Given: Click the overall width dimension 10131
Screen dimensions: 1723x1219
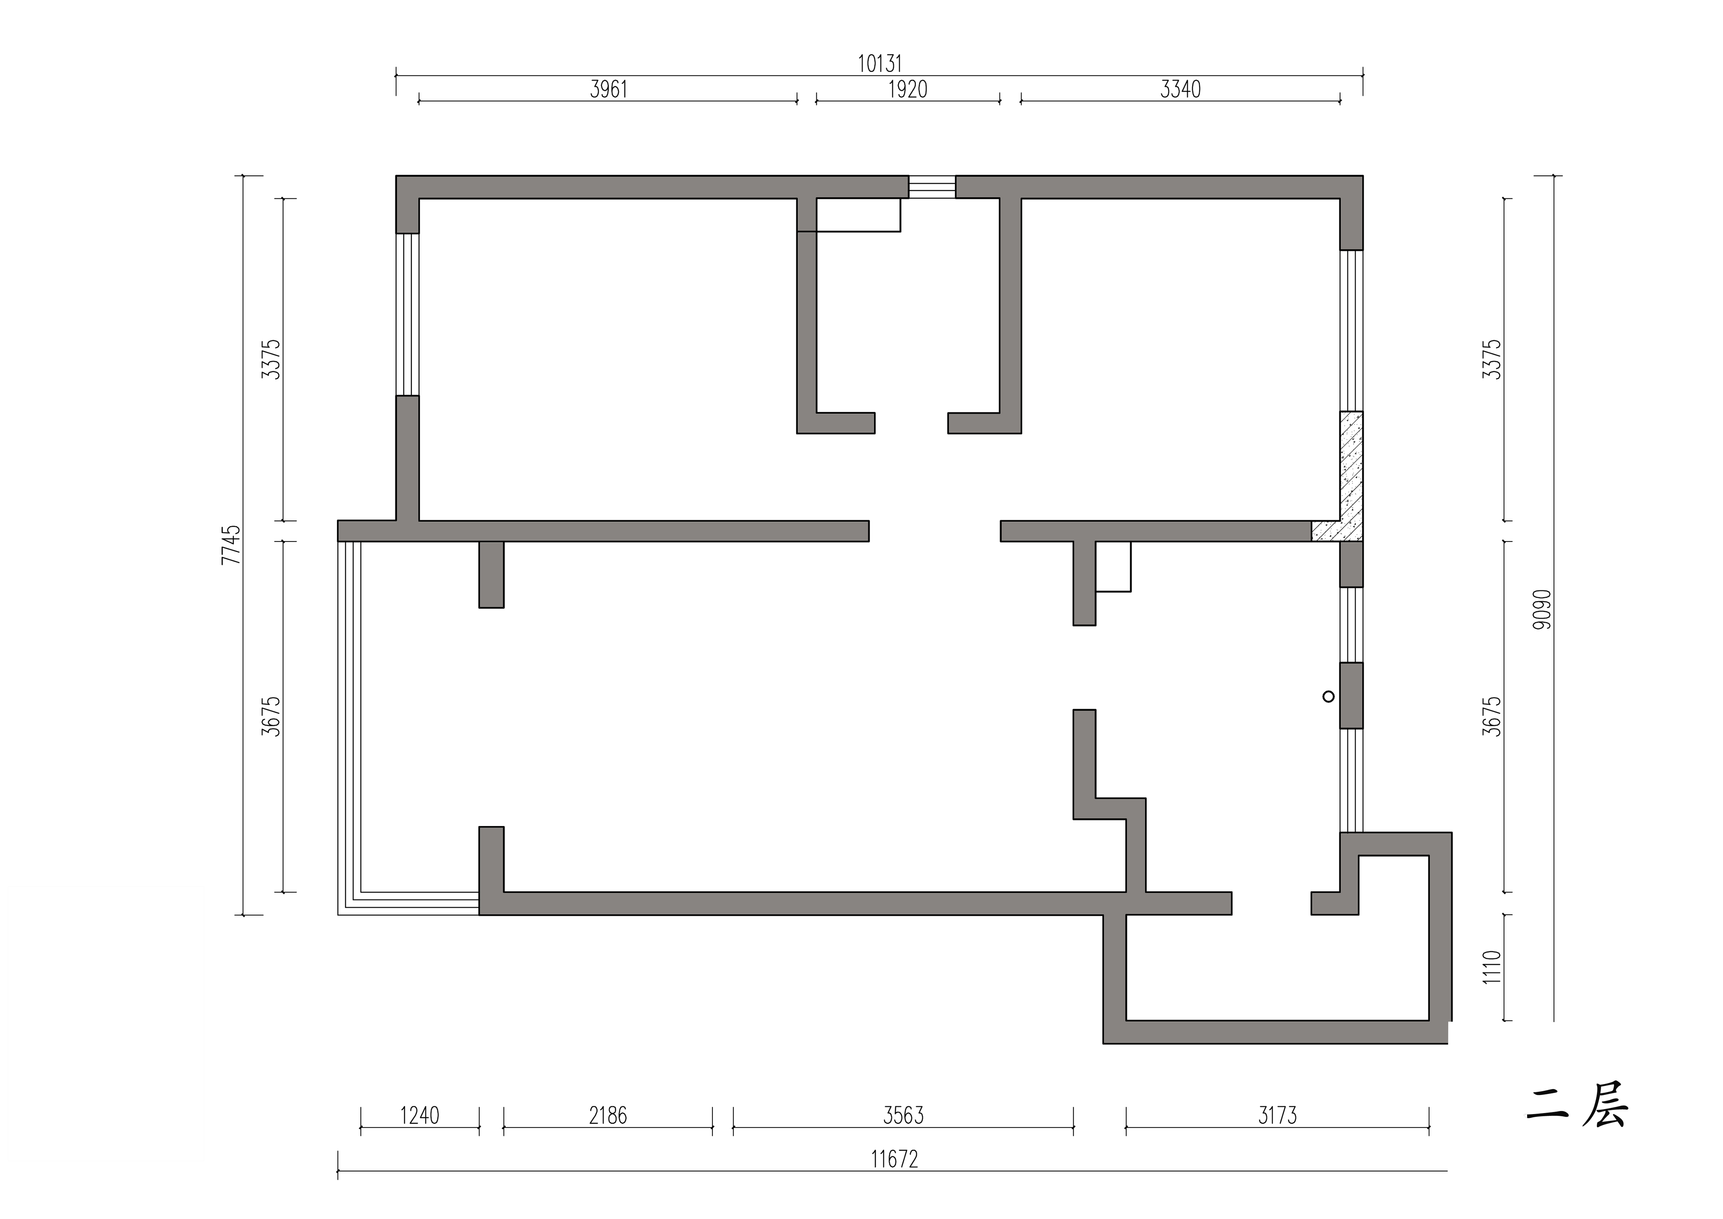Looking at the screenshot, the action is [x=879, y=64].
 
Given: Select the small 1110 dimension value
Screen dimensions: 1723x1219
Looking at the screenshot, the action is [x=1492, y=967].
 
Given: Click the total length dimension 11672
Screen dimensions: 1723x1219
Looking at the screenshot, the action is [x=895, y=1160].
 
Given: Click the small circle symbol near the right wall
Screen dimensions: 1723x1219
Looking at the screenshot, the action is [x=1328, y=697].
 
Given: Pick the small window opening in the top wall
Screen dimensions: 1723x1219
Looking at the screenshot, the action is [x=932, y=187].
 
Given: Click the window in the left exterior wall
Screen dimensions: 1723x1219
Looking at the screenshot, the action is [x=407, y=314].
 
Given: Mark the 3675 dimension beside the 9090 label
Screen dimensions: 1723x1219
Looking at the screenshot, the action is [x=1492, y=716].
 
